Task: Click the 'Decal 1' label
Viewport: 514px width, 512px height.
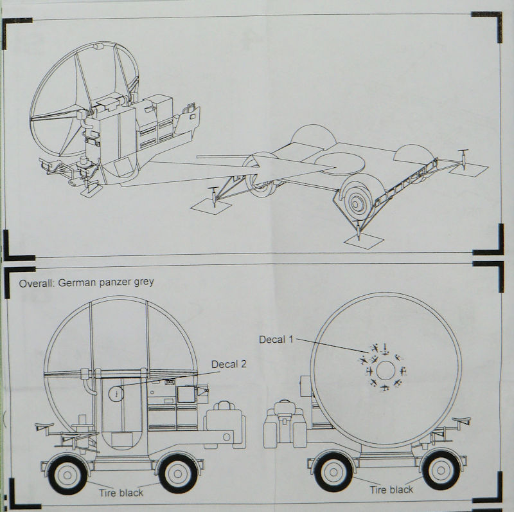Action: click(276, 340)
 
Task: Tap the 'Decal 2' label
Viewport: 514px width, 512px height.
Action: click(229, 364)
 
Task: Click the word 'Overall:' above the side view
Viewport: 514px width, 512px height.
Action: click(37, 283)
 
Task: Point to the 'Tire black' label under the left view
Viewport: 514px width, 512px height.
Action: click(121, 493)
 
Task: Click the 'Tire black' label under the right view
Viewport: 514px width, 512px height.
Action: click(391, 490)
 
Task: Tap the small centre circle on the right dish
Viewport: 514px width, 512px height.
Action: click(385, 370)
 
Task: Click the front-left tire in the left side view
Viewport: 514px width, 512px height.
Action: click(67, 475)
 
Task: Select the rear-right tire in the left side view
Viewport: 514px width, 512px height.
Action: click(178, 473)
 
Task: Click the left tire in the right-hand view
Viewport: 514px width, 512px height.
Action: click(333, 473)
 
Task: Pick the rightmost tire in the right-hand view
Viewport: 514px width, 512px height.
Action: click(441, 471)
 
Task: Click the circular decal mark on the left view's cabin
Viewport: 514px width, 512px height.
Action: click(116, 394)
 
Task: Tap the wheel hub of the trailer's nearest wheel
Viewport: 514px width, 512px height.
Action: click(356, 203)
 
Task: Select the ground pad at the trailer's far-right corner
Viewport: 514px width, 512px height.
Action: click(468, 170)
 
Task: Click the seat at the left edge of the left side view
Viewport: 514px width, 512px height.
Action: click(44, 426)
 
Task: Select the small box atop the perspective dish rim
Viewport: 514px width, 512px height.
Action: click(98, 46)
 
